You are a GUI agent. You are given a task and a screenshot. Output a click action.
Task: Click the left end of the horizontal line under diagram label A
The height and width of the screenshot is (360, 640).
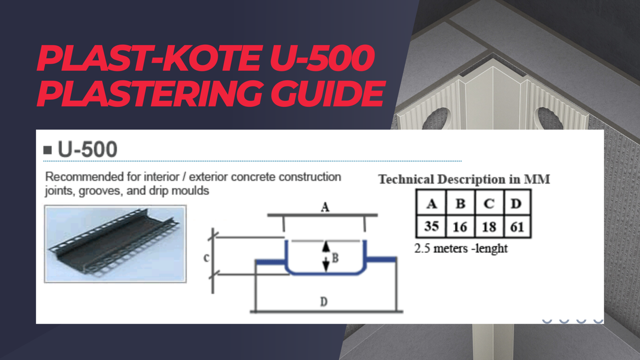268,215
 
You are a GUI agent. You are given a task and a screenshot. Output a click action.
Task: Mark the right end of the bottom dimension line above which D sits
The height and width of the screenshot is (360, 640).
403,312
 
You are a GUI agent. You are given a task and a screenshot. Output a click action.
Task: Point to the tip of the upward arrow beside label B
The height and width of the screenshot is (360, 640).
326,242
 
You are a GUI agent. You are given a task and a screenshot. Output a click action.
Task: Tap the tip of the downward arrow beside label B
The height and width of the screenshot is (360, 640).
326,272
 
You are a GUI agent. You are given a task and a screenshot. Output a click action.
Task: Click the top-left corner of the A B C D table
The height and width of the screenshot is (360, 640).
416,190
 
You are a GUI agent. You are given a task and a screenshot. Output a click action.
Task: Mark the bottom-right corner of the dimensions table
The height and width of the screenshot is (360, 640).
531,237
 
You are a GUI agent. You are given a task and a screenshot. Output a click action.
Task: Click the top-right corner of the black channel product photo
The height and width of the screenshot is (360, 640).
186,206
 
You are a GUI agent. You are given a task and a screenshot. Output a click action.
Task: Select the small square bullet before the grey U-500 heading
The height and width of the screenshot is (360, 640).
48,150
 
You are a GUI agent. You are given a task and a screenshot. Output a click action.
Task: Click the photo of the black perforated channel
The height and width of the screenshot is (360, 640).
116,244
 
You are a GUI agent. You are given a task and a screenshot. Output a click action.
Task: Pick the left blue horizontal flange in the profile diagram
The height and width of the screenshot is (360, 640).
270,262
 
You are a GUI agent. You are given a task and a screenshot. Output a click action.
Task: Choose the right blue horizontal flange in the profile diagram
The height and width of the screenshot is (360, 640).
381,260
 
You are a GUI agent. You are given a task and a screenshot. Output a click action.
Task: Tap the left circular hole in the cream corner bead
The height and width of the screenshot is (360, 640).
436,119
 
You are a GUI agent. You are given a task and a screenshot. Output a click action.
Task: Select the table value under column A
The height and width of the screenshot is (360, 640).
432,226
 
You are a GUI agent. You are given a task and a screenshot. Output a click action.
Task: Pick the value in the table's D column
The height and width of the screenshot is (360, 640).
517,227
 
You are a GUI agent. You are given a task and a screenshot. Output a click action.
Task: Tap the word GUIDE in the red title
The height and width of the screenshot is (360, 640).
328,93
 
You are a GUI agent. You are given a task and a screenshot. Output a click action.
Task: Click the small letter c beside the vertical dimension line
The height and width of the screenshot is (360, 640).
206,258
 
